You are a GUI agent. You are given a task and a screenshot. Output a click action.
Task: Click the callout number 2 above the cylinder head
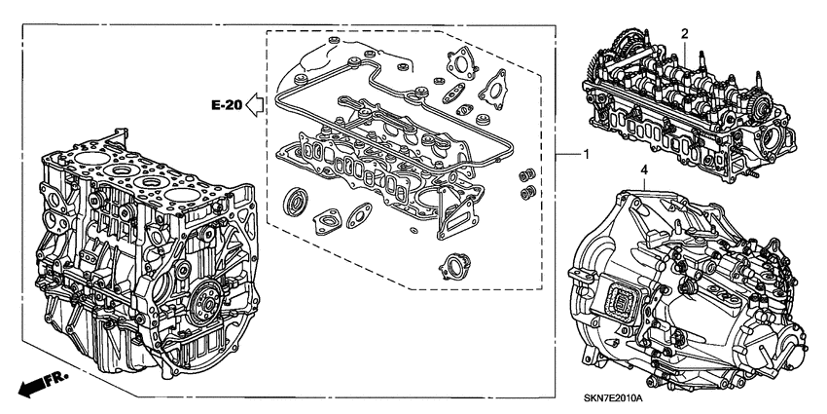point(685,34)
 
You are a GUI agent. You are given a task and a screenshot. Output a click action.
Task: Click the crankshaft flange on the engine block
point(202,306)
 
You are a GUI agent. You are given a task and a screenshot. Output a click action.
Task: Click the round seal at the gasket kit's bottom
point(452,266)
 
